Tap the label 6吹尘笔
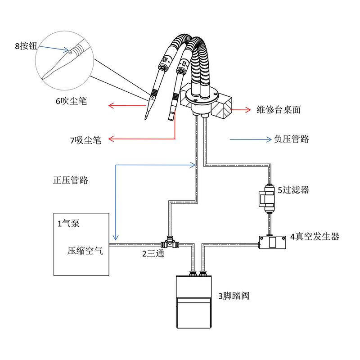(x=71, y=101)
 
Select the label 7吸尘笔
(x=85, y=140)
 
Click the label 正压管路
(x=70, y=180)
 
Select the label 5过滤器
(x=293, y=190)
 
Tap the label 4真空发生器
(x=315, y=237)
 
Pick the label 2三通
(x=153, y=254)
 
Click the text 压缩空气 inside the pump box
(x=85, y=251)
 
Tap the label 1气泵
(x=68, y=223)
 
